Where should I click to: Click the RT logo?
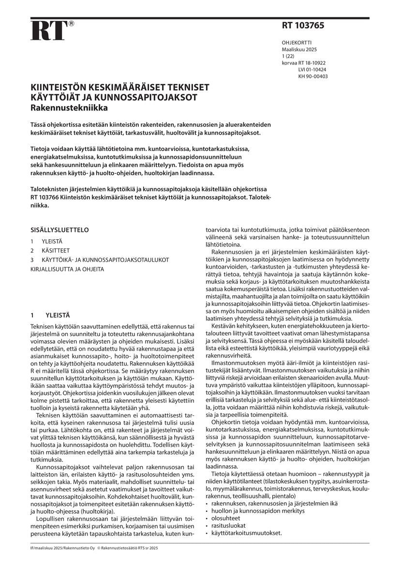click(48, 31)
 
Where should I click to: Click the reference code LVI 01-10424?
click(312, 69)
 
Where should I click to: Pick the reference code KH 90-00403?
click(312, 76)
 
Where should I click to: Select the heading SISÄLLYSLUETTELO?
click(60, 229)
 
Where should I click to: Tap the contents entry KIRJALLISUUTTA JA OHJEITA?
click(67, 269)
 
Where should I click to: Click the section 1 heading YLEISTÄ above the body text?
click(58, 314)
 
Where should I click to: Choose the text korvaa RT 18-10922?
click(303, 62)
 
